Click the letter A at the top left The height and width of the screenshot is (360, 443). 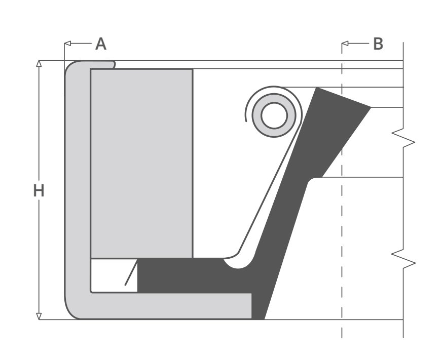(x=101, y=44)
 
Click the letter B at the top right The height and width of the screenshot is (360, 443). (x=378, y=44)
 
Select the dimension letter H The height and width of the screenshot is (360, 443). (x=39, y=191)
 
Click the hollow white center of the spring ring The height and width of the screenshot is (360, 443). (x=274, y=115)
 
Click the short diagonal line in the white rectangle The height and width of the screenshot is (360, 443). (x=130, y=273)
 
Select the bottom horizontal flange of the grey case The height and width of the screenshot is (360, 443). (x=167, y=306)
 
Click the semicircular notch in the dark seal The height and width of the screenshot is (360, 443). (x=237, y=263)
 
